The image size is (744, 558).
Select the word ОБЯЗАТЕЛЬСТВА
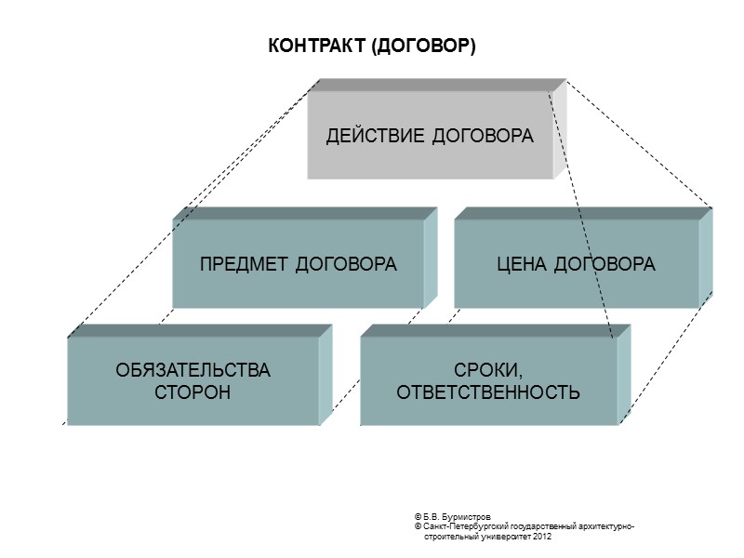tap(193, 370)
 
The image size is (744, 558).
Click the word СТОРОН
tap(193, 392)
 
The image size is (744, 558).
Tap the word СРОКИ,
tap(488, 370)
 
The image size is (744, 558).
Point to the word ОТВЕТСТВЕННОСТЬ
tap(488, 392)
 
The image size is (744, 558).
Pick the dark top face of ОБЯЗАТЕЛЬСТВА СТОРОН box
tap(200, 330)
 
